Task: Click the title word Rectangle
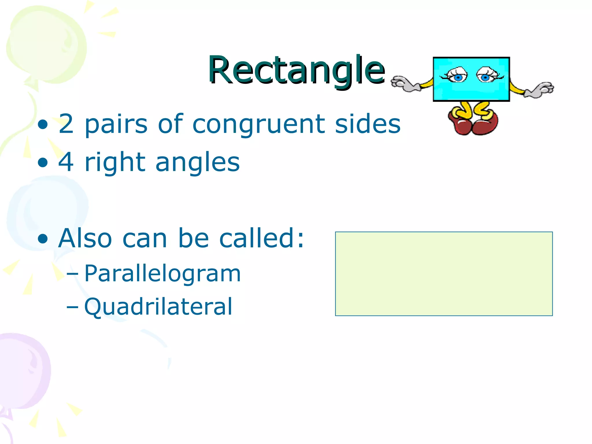point(296,70)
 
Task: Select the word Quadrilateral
point(158,306)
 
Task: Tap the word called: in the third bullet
point(262,238)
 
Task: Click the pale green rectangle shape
point(444,274)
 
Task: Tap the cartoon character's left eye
point(457,76)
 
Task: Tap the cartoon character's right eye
point(486,76)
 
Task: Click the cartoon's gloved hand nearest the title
point(405,84)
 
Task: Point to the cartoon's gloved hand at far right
point(540,90)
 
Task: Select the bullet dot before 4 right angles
point(43,162)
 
